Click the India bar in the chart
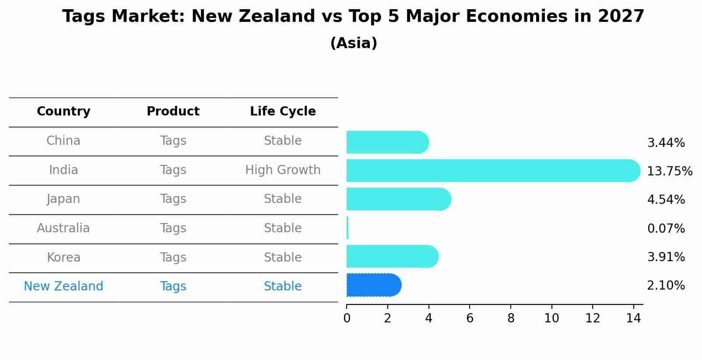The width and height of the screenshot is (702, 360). click(x=490, y=171)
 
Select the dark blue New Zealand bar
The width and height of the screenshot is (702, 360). click(x=373, y=285)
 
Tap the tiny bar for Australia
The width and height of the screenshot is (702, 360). click(x=347, y=228)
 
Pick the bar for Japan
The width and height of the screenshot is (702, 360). click(x=397, y=199)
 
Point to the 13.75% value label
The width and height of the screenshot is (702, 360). click(x=669, y=171)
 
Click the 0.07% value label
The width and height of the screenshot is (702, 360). click(x=666, y=228)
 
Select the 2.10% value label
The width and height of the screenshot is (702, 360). click(x=666, y=286)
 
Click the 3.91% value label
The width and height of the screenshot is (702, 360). click(x=666, y=257)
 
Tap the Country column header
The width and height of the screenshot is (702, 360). click(x=63, y=112)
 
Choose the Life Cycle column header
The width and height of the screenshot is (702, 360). click(x=283, y=112)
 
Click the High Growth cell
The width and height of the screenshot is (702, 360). click(x=283, y=170)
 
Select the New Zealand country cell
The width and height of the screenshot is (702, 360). click(x=63, y=286)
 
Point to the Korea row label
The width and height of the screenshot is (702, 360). click(x=63, y=257)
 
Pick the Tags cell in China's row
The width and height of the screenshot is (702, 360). click(x=173, y=141)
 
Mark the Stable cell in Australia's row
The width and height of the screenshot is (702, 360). click(x=283, y=228)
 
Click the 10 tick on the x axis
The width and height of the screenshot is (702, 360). click(x=551, y=318)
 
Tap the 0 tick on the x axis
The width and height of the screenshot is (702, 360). click(x=347, y=318)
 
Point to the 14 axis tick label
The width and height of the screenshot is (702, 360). click(x=633, y=318)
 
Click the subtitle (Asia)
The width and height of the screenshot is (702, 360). click(x=354, y=43)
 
